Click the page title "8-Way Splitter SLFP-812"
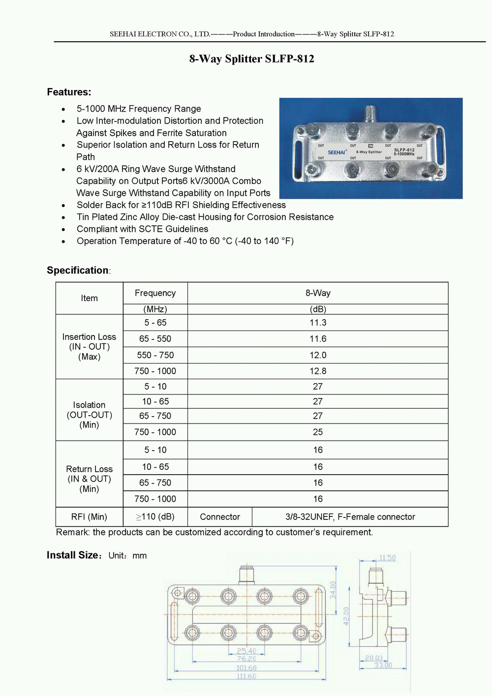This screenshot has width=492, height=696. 251,59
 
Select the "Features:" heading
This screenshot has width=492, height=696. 69,92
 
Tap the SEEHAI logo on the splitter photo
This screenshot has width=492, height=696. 337,152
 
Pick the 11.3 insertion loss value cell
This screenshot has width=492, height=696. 318,323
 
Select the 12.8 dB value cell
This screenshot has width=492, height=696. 318,371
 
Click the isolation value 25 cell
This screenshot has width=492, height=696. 318,432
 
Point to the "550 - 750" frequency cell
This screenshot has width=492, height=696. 155,355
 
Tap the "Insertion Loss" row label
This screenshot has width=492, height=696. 89,337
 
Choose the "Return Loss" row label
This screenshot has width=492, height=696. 89,469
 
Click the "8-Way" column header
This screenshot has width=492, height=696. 318,293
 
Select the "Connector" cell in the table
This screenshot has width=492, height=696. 220,517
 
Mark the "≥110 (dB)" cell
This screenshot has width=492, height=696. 155,517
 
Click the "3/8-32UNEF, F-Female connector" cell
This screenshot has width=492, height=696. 350,517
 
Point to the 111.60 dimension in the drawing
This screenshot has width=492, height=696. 246,676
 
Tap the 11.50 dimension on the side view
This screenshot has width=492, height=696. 387,558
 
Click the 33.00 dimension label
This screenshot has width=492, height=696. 383,666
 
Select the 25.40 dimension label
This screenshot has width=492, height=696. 246,651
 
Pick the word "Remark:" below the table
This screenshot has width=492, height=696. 73,532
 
